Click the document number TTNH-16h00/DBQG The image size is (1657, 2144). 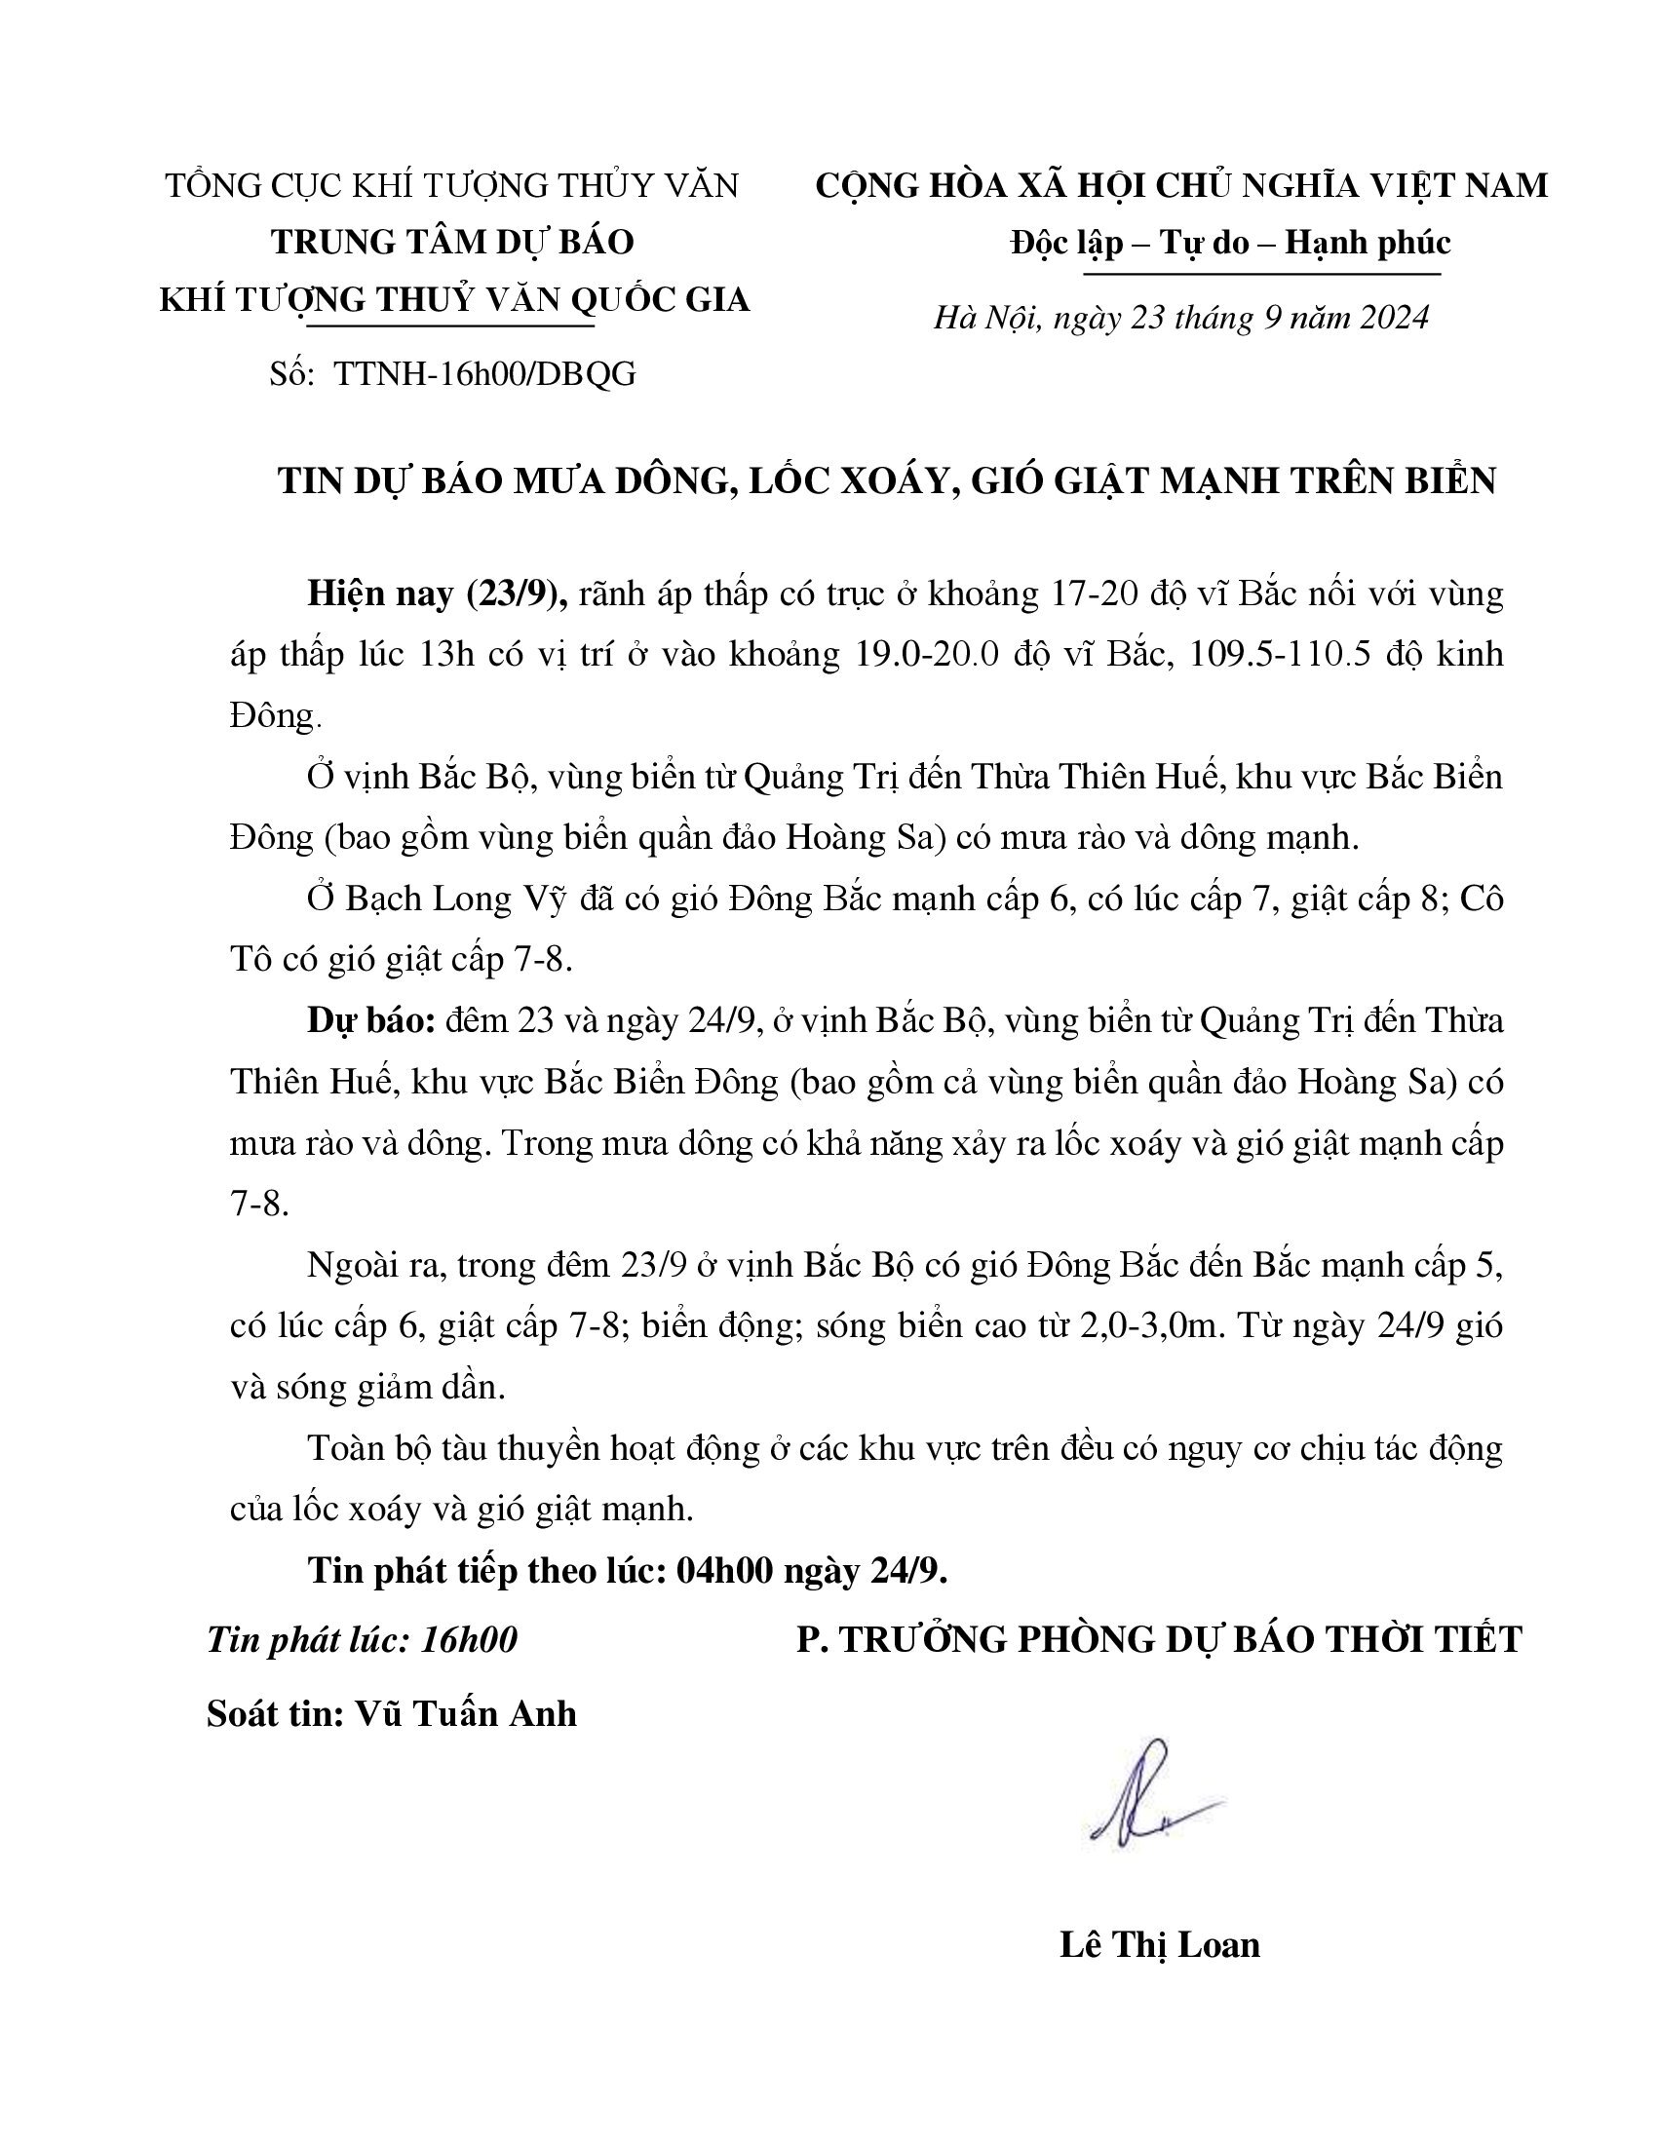coord(485,374)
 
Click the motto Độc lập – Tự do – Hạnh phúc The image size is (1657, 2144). coord(1230,243)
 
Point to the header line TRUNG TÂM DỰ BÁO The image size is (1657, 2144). coord(452,243)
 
